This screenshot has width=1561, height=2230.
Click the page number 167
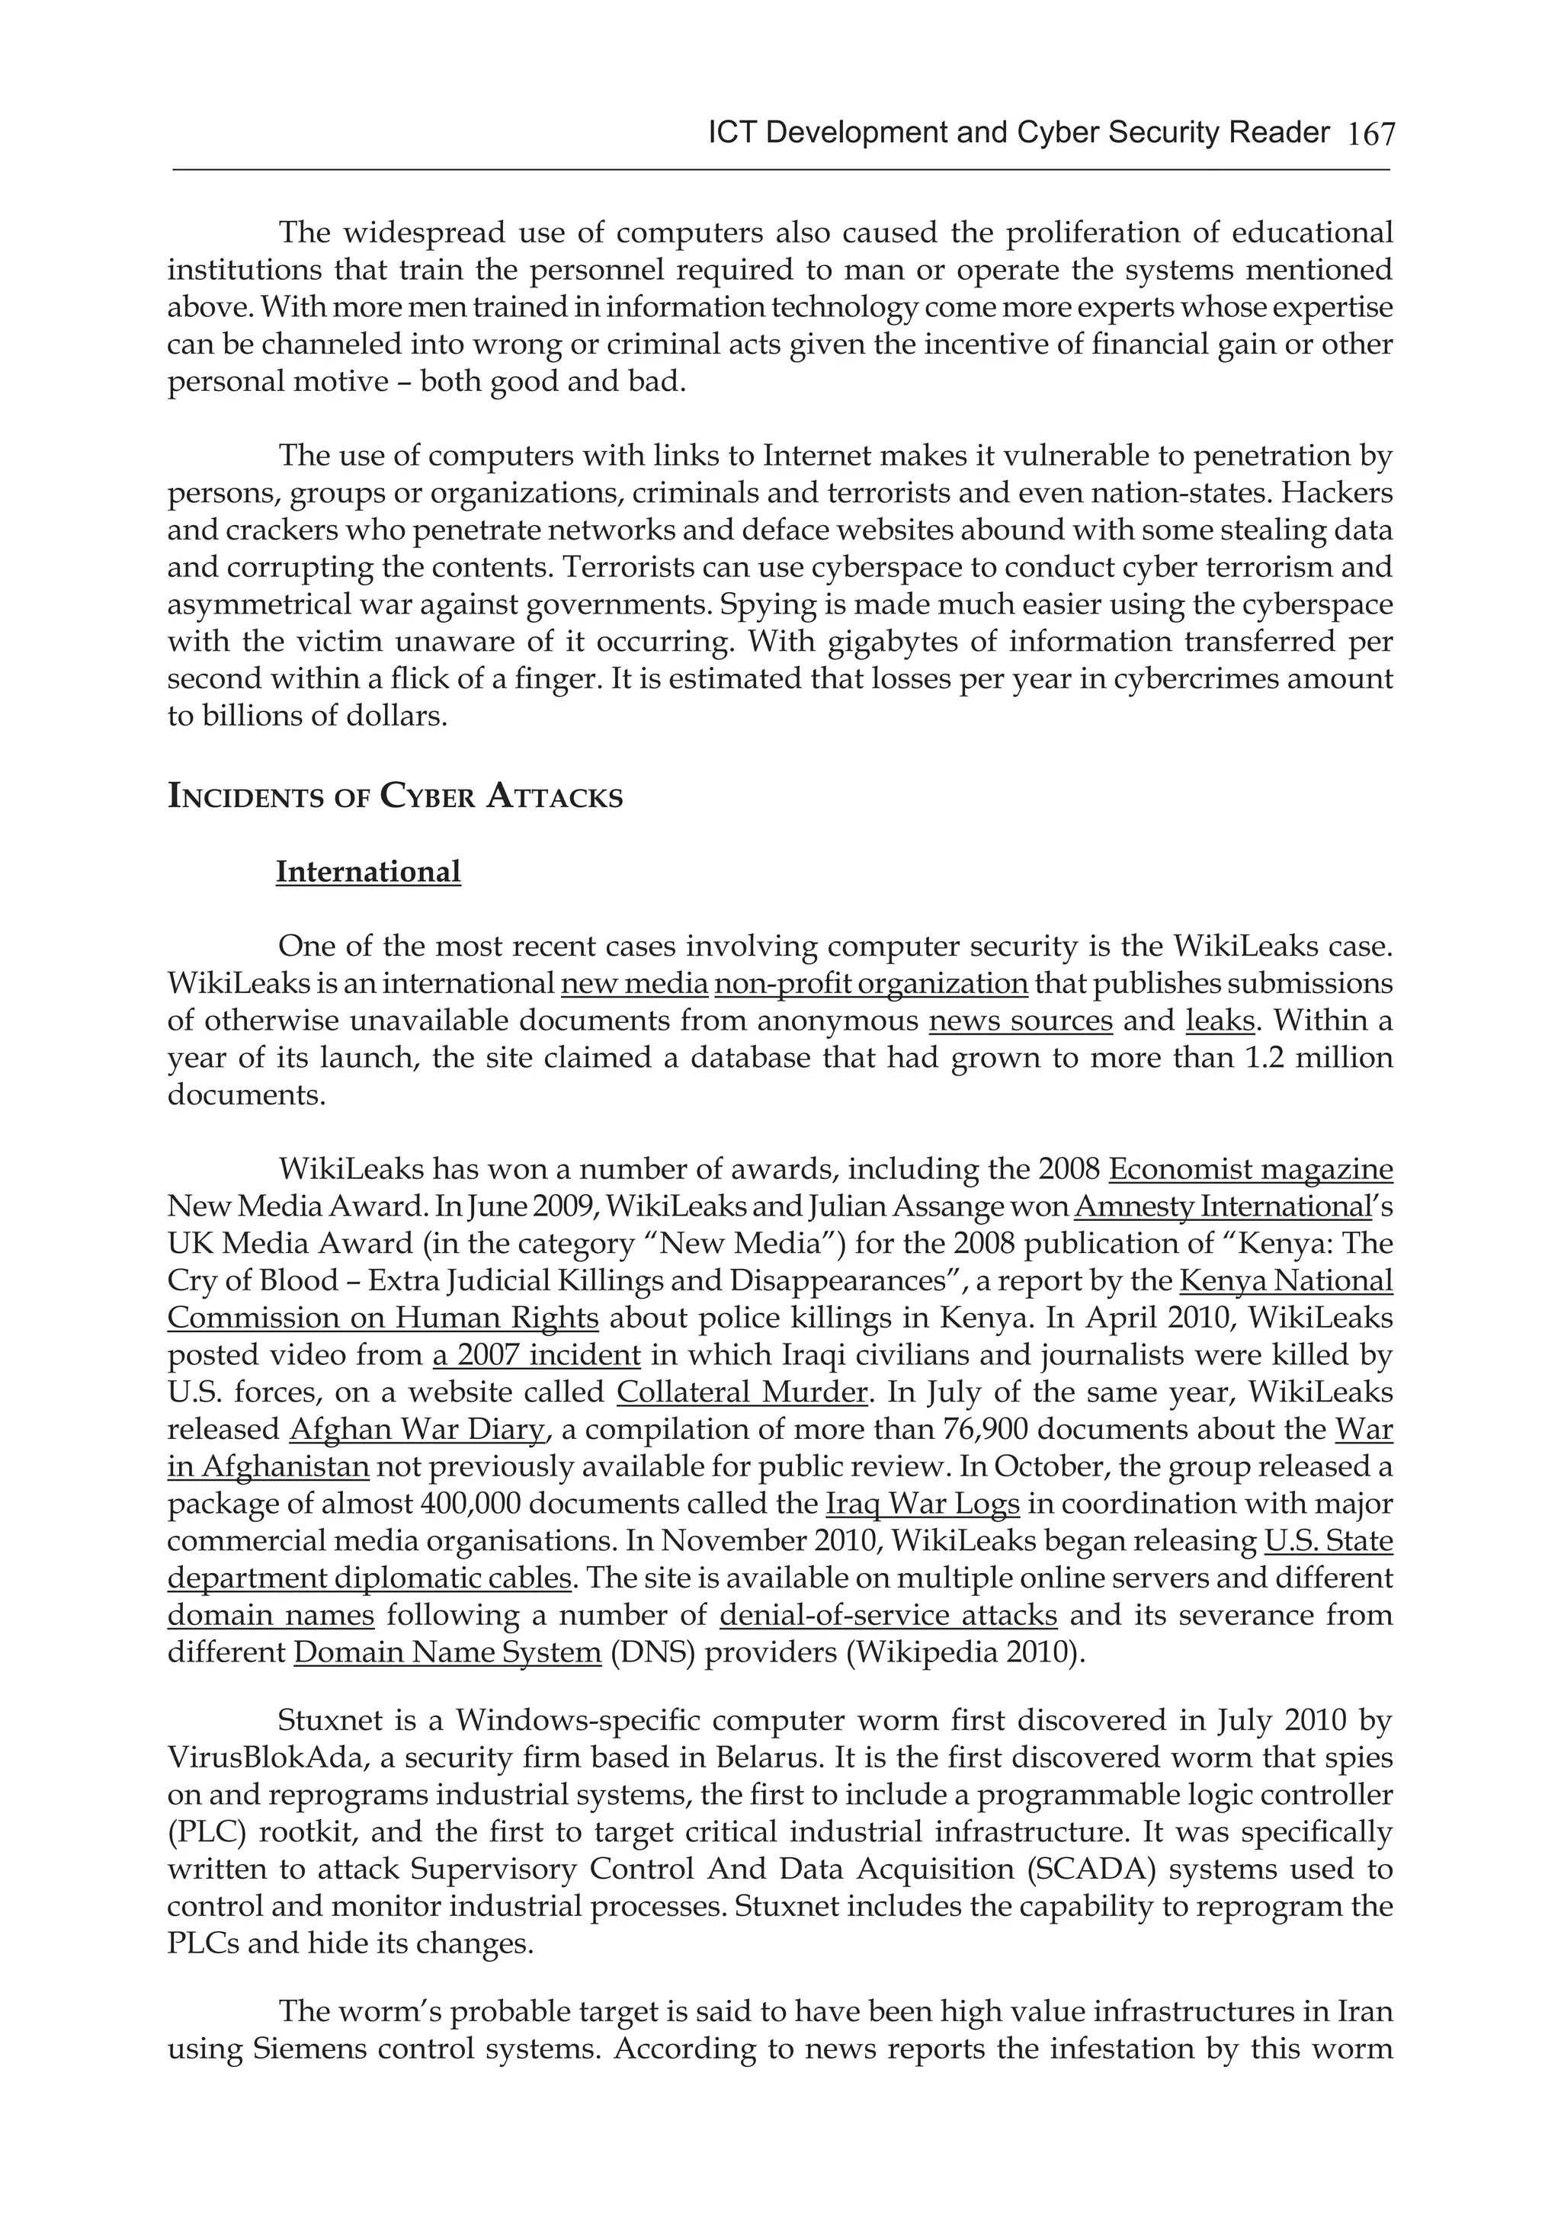(1370, 134)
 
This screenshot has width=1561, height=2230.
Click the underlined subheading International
(368, 871)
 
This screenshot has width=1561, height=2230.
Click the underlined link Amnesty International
(1221, 1206)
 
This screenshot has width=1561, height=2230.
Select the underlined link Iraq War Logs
(922, 1504)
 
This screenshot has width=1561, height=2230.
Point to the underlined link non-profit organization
(870, 983)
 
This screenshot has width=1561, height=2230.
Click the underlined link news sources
(1021, 1020)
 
